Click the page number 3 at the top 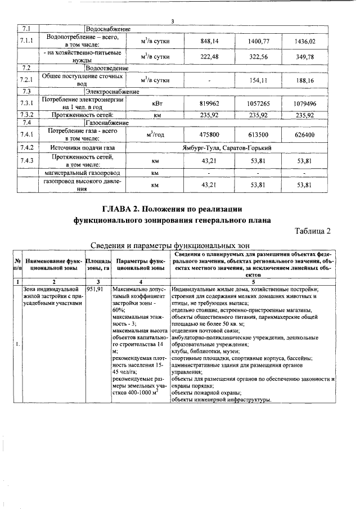[x=172, y=21]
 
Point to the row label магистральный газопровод [x=83, y=173]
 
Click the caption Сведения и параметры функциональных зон [x=169, y=245]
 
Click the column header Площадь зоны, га [x=98, y=265]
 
